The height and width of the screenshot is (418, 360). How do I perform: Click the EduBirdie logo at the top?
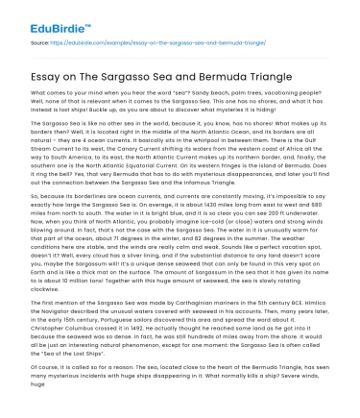coord(44,16)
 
